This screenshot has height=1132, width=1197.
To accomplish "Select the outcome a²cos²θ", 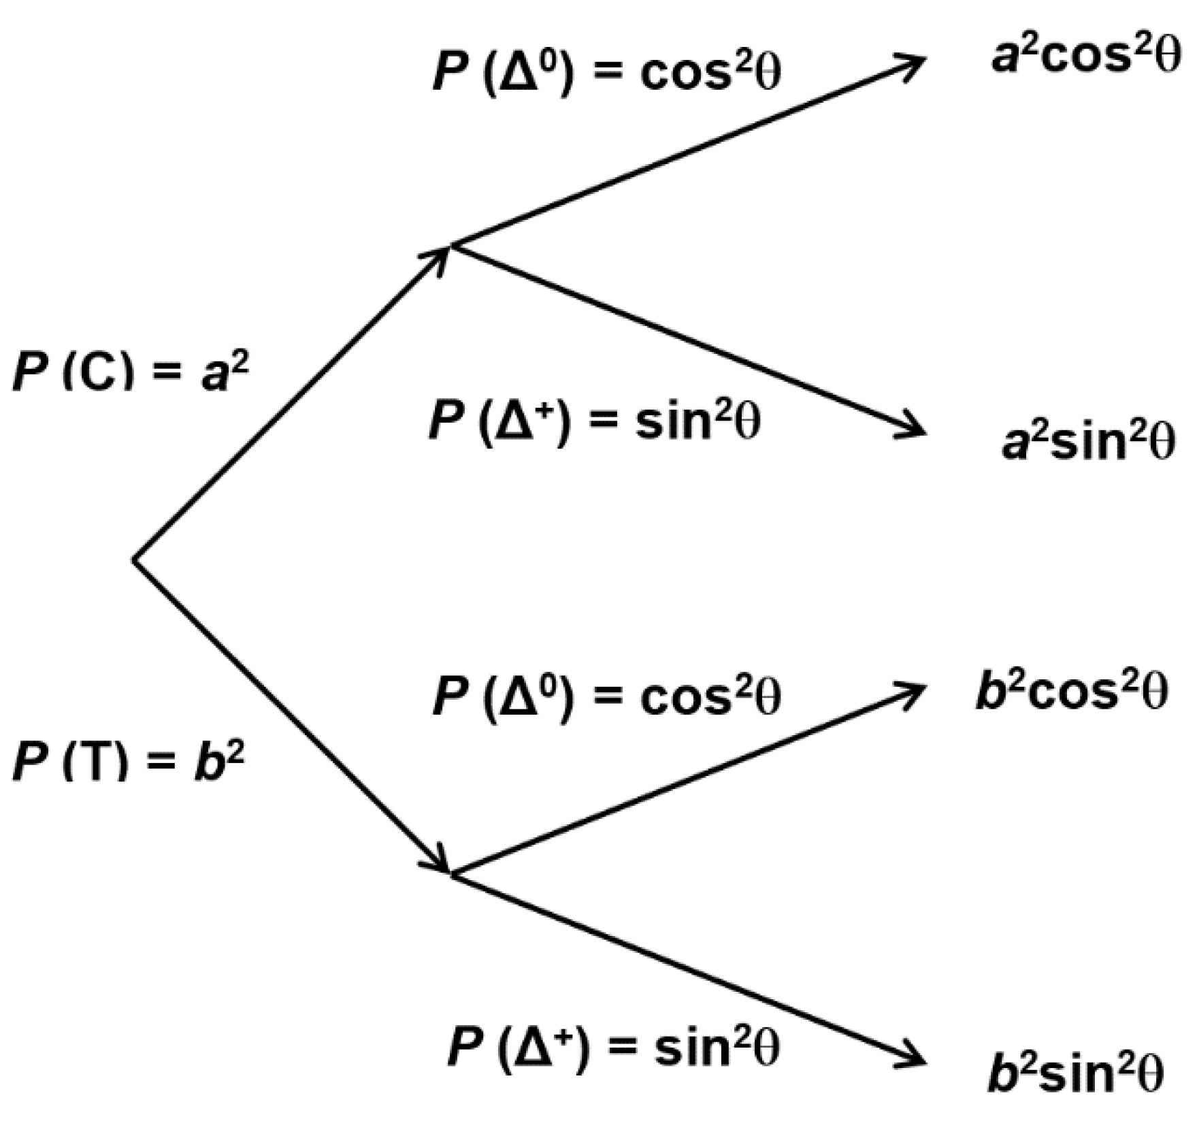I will point(1085,56).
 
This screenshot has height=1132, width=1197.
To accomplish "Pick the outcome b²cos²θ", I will point(1072,691).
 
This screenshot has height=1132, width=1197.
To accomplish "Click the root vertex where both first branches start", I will point(135,560).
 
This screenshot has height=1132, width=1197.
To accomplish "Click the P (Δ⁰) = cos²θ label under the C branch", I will point(606,71).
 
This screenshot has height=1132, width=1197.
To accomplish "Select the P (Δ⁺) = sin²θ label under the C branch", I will point(594,420).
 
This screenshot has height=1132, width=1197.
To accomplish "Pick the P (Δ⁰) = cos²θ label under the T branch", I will point(606,696).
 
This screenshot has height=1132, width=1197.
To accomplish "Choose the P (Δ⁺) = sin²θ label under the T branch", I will point(613,1046).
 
